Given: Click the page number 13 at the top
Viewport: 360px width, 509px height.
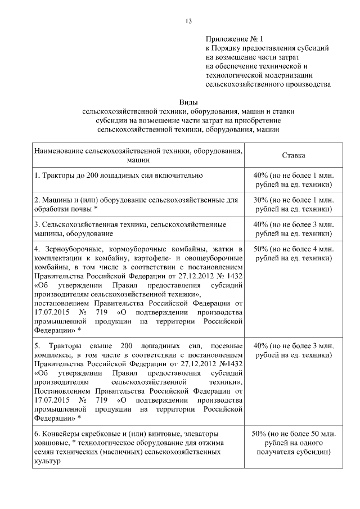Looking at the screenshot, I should point(188,21).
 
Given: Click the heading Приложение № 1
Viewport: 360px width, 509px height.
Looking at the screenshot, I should point(235,39).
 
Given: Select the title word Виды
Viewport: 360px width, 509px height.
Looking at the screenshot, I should point(188,102).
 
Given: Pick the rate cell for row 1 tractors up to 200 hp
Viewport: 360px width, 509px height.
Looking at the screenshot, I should point(293,179).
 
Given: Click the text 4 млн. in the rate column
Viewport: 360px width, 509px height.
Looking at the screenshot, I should point(323,249).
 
